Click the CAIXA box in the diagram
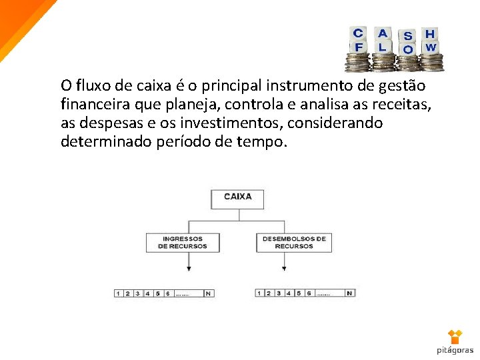pos(237,198)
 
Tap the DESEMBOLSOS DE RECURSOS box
pos(293,242)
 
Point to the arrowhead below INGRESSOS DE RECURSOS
pos(189,269)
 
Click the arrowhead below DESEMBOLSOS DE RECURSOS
pos(285,269)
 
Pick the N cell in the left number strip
pos(208,293)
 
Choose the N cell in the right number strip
pos(349,293)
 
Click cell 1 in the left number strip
pos(118,293)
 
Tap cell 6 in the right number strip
pos(309,293)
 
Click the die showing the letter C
pos(358,33)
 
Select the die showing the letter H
pos(430,33)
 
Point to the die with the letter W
pos(431,47)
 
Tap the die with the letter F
pos(359,47)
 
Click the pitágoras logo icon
pos(455,337)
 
